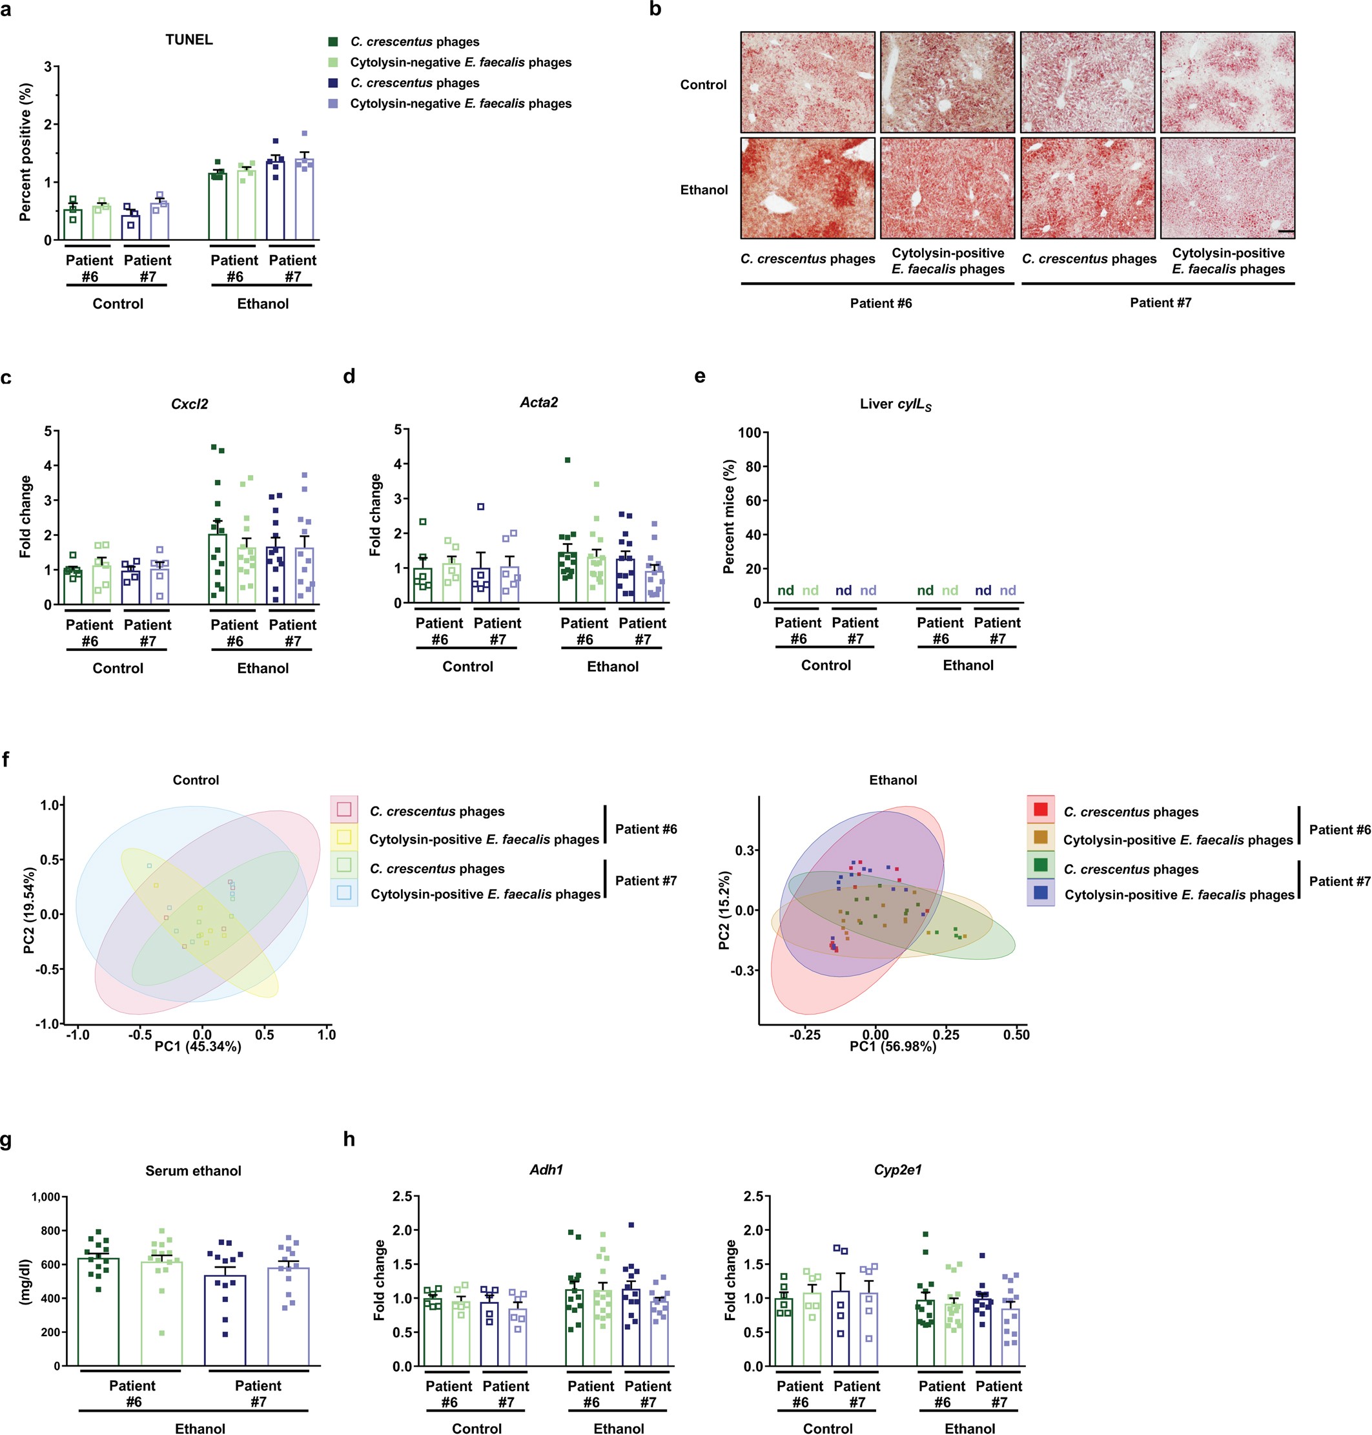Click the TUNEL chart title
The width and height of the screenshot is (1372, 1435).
(189, 39)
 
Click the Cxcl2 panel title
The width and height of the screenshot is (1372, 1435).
(189, 404)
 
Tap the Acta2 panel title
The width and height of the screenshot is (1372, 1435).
(539, 402)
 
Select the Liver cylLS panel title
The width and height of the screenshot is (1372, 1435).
(895, 404)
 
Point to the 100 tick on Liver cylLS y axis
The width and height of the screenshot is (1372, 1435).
(749, 432)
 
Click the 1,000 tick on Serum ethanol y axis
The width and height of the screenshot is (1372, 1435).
(45, 1197)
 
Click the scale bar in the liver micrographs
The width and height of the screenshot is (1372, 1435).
(1286, 232)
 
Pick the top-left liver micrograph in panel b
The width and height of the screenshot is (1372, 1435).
(808, 82)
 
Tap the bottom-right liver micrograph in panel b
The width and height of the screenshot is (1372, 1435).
(1227, 188)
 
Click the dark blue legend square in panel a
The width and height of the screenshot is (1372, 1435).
(334, 83)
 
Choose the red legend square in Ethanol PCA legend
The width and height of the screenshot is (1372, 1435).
(1041, 809)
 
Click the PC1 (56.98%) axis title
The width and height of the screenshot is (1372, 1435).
(892, 1047)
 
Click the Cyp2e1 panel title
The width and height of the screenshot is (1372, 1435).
(897, 1170)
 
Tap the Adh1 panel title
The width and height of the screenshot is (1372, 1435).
(546, 1170)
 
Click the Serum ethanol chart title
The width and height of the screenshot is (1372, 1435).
(193, 1171)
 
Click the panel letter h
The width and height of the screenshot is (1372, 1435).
(349, 1139)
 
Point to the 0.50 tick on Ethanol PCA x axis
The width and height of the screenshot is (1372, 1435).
(1016, 1035)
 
